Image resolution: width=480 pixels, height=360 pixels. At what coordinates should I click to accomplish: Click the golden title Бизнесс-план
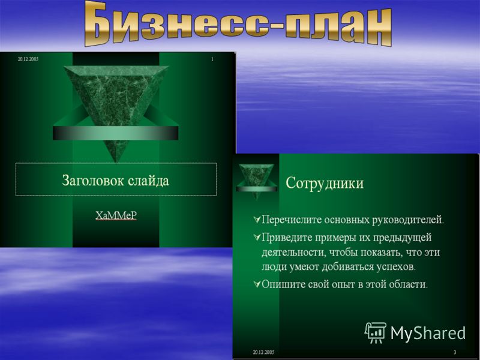click(x=238, y=25)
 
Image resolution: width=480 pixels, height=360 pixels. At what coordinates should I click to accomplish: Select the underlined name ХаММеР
click(x=116, y=215)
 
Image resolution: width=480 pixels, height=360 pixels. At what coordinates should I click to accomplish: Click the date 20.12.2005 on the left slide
click(x=28, y=59)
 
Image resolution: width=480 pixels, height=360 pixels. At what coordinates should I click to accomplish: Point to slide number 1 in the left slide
click(x=212, y=59)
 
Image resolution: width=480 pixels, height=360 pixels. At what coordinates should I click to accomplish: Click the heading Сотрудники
click(x=325, y=183)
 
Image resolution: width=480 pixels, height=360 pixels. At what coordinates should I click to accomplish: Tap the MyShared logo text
click(x=428, y=333)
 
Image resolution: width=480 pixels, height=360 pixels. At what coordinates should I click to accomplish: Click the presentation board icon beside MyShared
click(x=376, y=333)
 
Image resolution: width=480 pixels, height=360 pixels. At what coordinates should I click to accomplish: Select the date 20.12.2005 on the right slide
click(x=263, y=352)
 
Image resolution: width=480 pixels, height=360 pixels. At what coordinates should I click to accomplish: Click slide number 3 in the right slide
click(x=455, y=352)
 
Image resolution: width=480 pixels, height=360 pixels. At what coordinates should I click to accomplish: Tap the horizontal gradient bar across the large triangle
click(x=115, y=133)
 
